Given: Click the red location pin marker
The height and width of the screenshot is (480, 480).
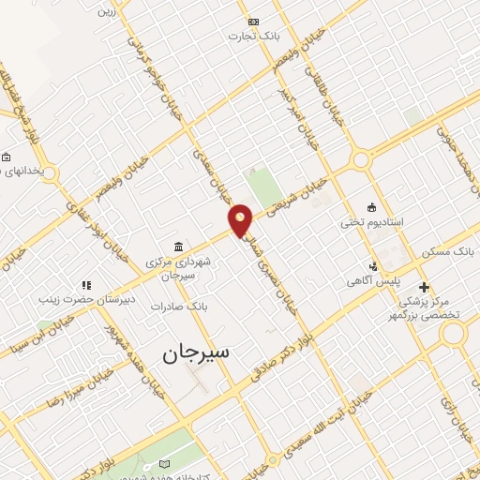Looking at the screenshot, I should [x=241, y=220].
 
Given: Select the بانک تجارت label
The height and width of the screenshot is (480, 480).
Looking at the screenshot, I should [x=252, y=36].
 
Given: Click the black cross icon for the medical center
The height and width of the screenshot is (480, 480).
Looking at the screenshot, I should [x=424, y=286].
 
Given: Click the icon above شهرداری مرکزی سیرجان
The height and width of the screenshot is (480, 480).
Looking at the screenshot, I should [x=178, y=246].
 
